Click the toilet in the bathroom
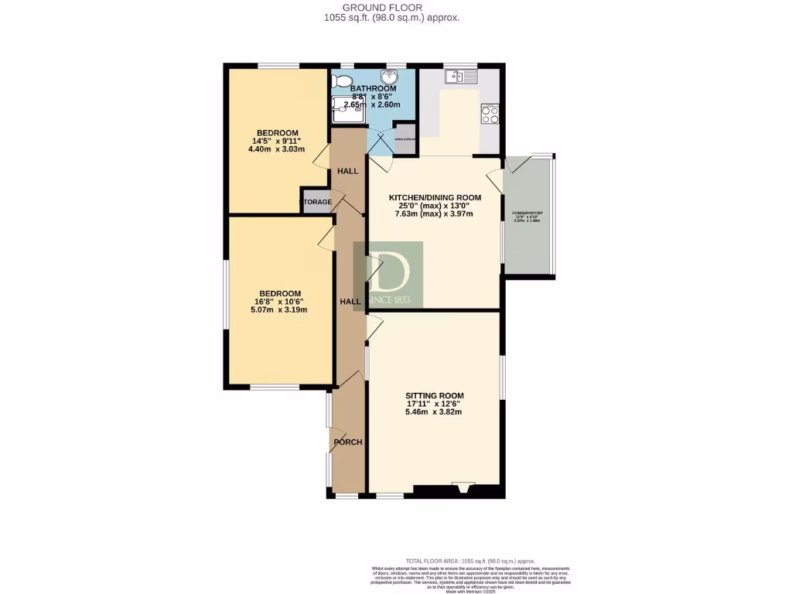(343, 82)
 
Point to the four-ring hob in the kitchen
(490, 114)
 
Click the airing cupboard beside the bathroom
(405, 138)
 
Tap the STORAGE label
(316, 202)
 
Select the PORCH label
(347, 442)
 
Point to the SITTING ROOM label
(434, 395)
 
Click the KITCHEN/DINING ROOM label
(434, 197)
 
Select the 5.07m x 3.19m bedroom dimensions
(279, 310)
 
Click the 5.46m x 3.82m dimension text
(434, 412)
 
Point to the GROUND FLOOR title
(395, 8)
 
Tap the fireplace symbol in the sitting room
(464, 487)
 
